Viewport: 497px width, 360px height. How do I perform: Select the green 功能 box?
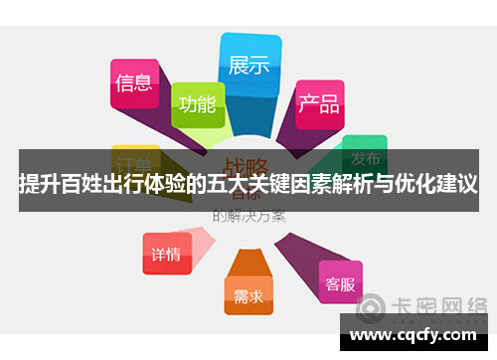pos(198,102)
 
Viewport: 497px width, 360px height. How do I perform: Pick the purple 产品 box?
pos(318,103)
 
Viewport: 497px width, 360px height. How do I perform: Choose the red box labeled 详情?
pos(165,254)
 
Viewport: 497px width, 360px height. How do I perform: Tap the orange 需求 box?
pos(248,294)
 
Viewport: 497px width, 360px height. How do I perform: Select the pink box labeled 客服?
pos(340,283)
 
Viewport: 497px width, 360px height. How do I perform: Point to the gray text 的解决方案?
pos(248,214)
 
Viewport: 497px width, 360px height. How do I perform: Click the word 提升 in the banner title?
pos(37,184)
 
